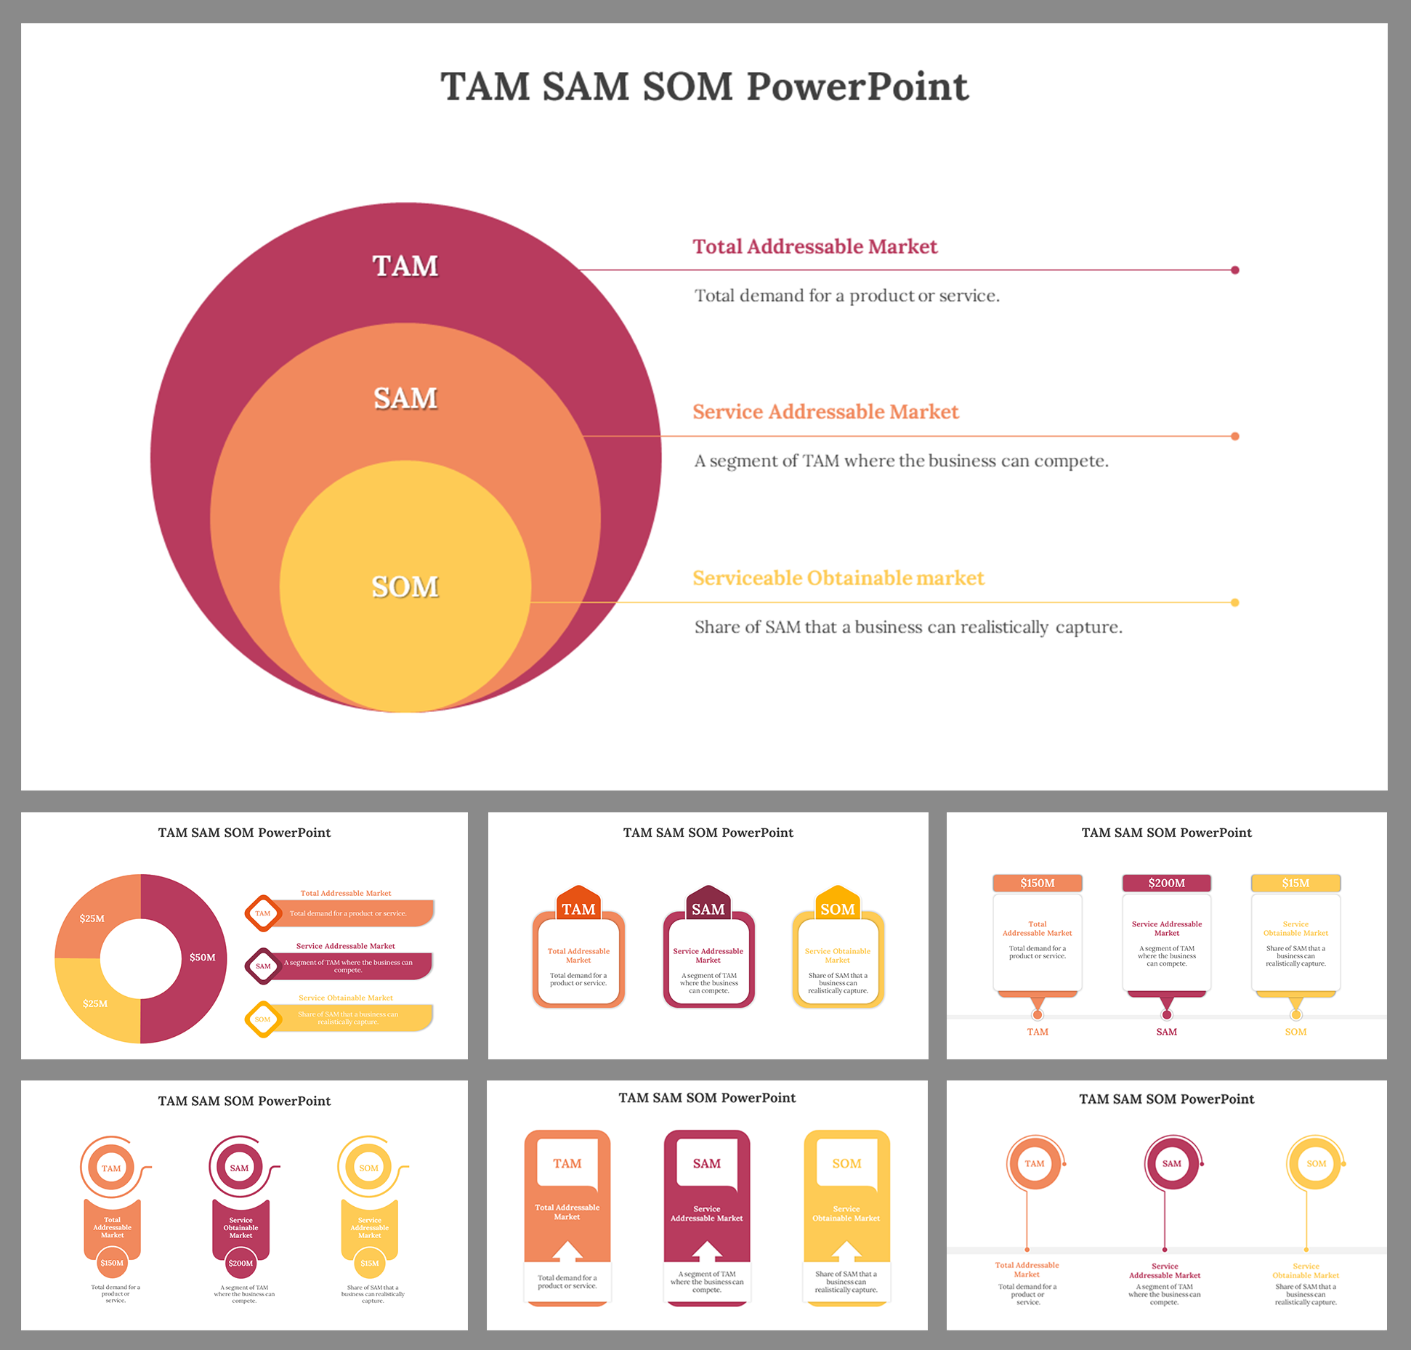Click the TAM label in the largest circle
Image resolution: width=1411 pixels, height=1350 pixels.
coord(405,266)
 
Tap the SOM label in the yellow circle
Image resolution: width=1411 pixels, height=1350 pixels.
coord(405,587)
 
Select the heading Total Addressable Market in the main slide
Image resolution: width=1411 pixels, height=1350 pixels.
coord(814,247)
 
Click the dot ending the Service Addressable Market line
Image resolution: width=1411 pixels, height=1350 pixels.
coord(1234,437)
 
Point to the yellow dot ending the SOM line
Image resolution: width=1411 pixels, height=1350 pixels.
coord(1234,602)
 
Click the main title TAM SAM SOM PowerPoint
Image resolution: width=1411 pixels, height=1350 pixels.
coord(704,87)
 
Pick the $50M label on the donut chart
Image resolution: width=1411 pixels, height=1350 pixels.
coord(202,958)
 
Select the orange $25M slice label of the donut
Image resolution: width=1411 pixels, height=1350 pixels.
coord(92,918)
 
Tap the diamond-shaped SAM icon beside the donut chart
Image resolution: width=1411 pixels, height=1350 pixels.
coord(263,966)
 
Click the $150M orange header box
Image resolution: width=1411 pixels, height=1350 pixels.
coord(1037,884)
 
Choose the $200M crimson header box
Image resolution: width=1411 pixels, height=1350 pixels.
coord(1166,884)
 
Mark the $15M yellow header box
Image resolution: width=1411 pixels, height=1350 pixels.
coord(1295,884)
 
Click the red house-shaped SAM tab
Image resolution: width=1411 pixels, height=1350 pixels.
coord(708,905)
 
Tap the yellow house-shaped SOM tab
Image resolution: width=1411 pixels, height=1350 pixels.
coord(837,905)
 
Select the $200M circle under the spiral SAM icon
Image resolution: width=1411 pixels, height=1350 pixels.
coord(240,1264)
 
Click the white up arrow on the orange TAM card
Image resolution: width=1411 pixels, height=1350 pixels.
coord(567,1250)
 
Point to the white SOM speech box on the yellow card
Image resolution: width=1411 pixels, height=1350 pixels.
coord(846,1164)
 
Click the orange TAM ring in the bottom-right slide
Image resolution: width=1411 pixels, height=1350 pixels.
coord(1034,1163)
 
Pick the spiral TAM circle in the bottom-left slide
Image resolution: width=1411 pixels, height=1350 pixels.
coord(111,1168)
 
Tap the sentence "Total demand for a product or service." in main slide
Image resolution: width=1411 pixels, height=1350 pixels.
coord(846,296)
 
